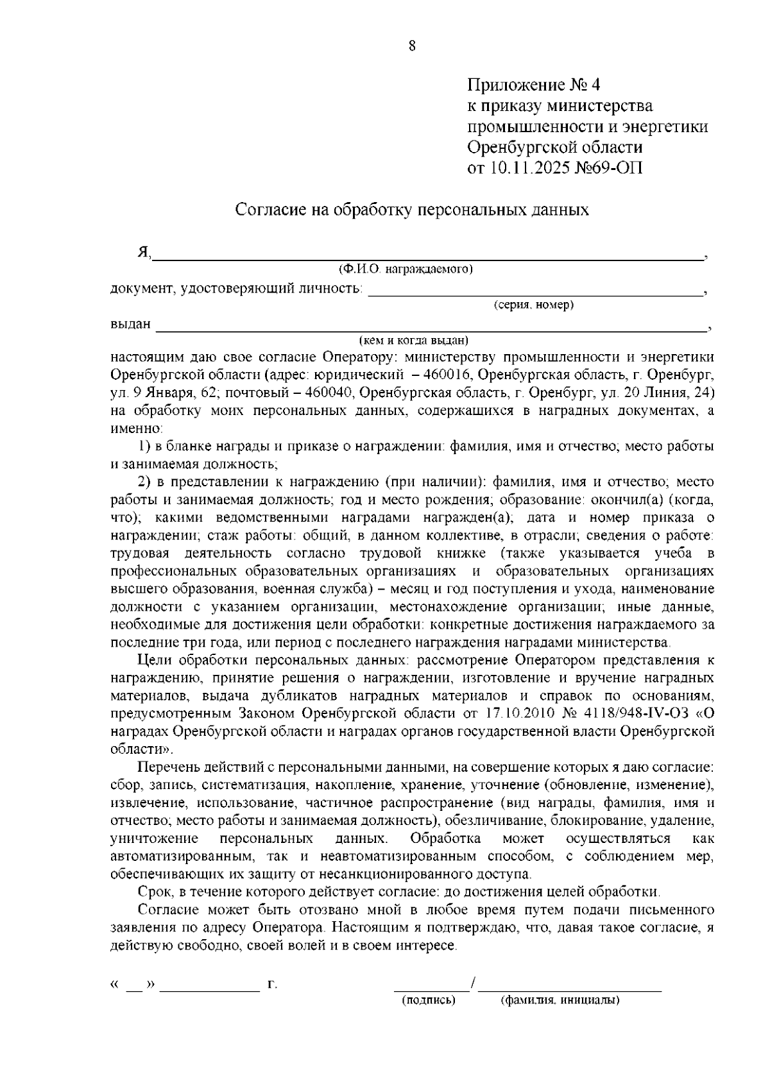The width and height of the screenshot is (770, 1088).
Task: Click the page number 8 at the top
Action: click(x=411, y=46)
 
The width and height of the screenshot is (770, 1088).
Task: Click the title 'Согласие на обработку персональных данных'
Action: click(x=412, y=210)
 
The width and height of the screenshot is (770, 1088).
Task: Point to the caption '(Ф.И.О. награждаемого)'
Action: click(x=406, y=269)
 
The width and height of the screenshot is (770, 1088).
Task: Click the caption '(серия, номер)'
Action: click(x=533, y=305)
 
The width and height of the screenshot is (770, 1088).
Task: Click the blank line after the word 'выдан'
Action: click(x=430, y=328)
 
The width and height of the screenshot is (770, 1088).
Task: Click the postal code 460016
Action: click(x=450, y=374)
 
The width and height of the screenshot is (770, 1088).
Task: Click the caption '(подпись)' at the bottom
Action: click(x=428, y=1018)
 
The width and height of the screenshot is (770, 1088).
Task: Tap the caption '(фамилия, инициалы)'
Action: click(x=560, y=1018)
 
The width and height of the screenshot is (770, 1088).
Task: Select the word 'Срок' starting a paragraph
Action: click(x=154, y=892)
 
